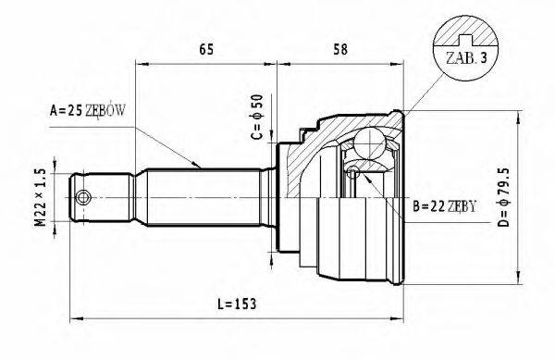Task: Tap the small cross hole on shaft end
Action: pos(84,197)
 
